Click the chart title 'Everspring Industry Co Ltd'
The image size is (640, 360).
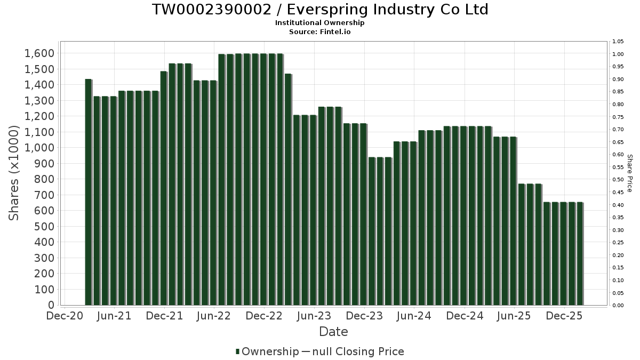[x=320, y=10]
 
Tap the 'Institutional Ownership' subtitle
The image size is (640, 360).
[x=320, y=23]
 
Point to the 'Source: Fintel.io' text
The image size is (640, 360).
[x=320, y=31]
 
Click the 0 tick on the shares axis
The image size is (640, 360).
[x=51, y=305]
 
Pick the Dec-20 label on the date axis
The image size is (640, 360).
[x=65, y=316]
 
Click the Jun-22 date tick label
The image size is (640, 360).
[x=214, y=316]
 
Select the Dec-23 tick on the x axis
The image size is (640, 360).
[x=364, y=316]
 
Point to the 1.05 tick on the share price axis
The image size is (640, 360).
[x=618, y=42]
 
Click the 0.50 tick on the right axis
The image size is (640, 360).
[x=618, y=180]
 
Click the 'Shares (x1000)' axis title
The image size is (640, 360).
[x=14, y=173]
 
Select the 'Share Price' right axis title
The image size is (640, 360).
[x=629, y=173]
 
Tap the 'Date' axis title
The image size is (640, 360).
[x=333, y=332]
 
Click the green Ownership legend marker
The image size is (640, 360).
[x=237, y=351]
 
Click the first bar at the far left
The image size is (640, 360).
[x=89, y=192]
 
